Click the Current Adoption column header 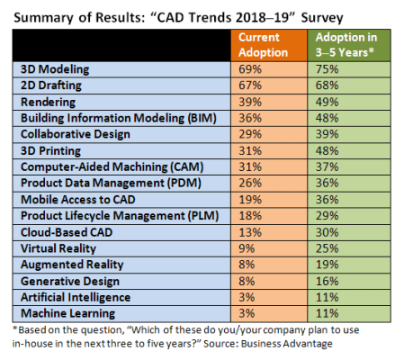click(267, 44)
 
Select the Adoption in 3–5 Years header click(346, 44)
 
